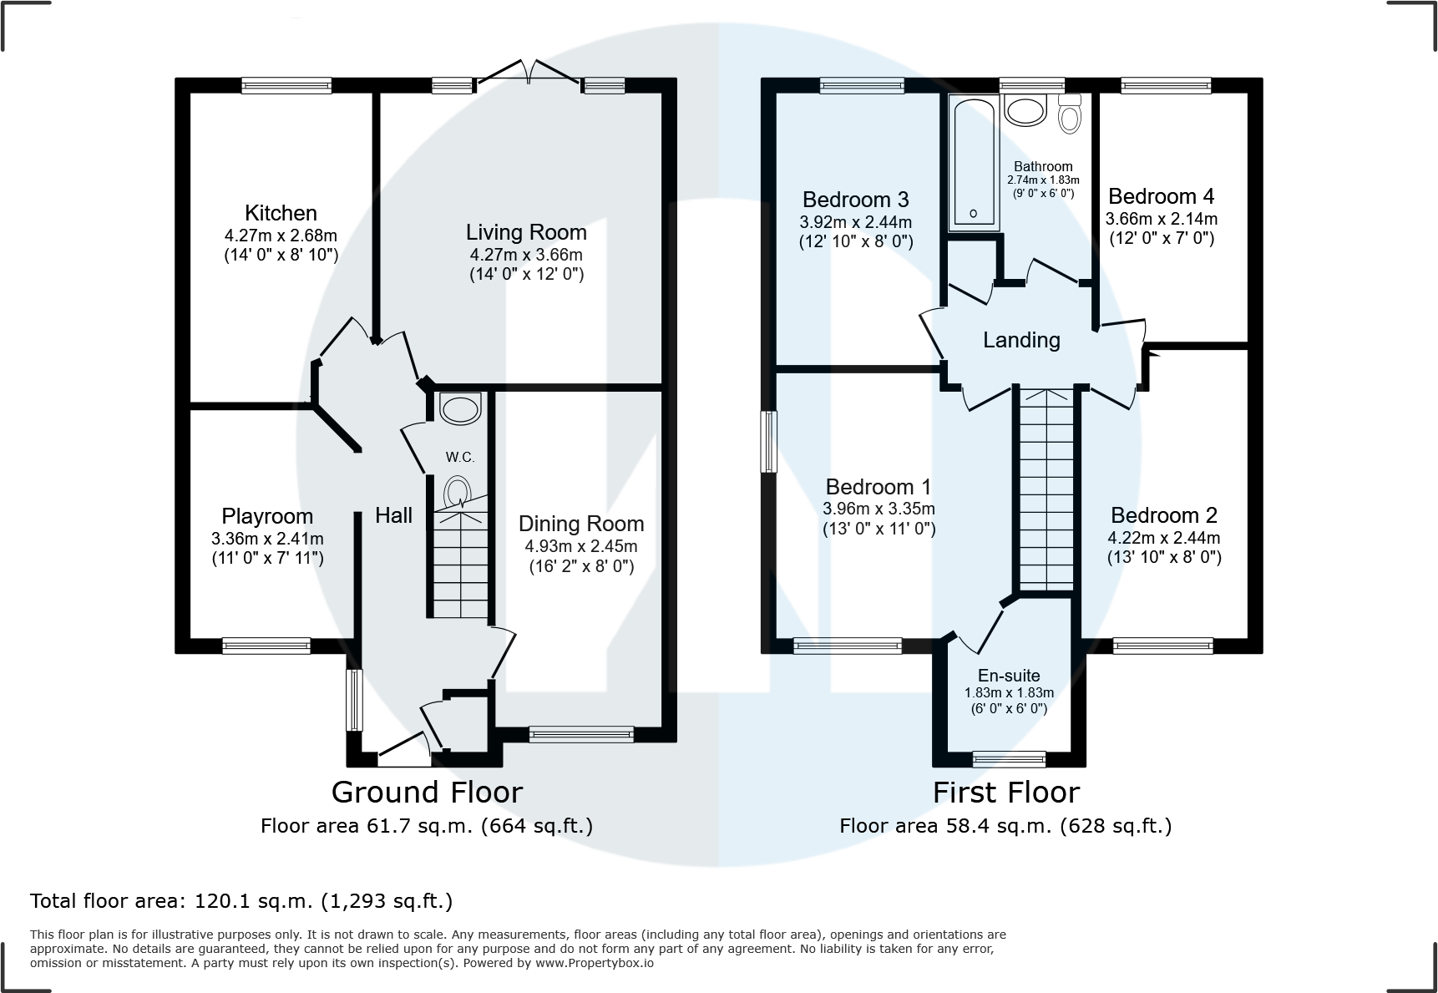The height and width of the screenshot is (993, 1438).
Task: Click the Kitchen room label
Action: tap(281, 213)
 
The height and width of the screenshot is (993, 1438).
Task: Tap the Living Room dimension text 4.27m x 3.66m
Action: tap(526, 255)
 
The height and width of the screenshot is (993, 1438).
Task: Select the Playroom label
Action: tap(267, 516)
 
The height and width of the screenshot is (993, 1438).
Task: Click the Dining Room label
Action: tap(581, 524)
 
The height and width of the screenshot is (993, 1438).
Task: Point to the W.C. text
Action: tap(460, 457)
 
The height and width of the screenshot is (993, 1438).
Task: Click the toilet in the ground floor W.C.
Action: tap(458, 492)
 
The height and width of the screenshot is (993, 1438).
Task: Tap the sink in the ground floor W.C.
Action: tap(460, 408)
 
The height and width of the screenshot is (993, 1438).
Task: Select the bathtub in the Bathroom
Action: tap(974, 163)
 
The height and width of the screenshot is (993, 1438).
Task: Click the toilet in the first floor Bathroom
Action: tap(1069, 114)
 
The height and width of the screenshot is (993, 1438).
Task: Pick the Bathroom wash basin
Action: tap(1026, 110)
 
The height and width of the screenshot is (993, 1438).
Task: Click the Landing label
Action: tap(1021, 340)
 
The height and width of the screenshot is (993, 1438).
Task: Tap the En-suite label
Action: tap(1009, 676)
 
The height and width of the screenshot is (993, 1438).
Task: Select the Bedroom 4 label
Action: tap(1161, 196)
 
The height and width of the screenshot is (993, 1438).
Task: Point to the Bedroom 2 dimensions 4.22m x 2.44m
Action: tap(1164, 538)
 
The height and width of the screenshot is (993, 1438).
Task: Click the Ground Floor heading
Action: tap(427, 792)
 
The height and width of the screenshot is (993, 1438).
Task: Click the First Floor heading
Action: tap(1005, 792)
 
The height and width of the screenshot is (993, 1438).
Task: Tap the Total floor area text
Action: tap(241, 901)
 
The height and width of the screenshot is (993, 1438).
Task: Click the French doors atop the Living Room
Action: tap(528, 72)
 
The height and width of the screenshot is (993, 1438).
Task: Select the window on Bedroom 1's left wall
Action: tap(769, 441)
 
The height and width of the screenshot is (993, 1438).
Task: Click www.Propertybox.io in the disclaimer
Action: tap(595, 963)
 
